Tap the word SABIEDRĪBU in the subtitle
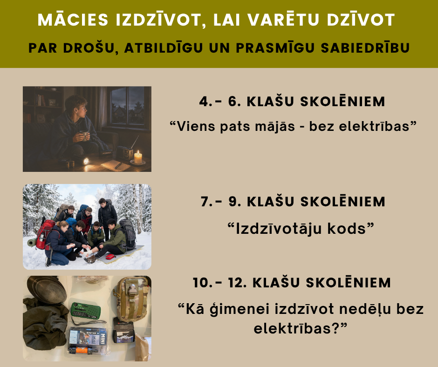pos(365,48)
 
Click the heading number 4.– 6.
pos(220,102)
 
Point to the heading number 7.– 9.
pos(221,202)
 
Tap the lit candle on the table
pos(138,158)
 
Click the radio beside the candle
pos(124,152)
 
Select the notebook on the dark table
pos(116,165)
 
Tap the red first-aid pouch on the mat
pos(110,257)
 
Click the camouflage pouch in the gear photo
pos(131,299)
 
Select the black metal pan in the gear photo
pos(46,290)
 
